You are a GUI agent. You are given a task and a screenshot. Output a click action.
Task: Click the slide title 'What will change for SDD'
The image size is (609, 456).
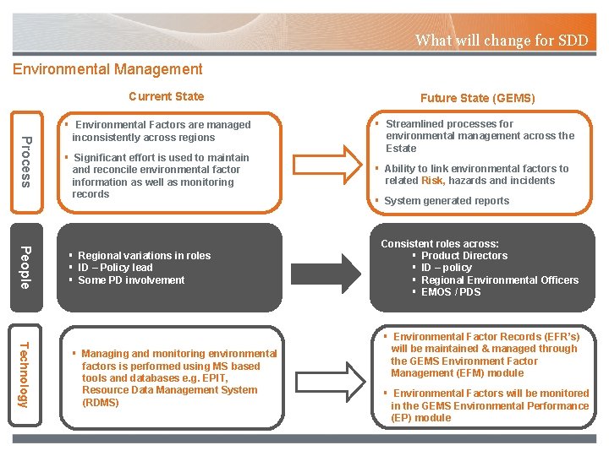click(501, 40)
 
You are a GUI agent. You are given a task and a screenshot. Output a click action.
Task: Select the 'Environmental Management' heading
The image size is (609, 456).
click(107, 69)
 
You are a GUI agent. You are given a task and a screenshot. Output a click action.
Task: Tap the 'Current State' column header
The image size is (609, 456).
click(166, 96)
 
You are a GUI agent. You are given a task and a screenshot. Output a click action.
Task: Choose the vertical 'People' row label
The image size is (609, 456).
click(26, 267)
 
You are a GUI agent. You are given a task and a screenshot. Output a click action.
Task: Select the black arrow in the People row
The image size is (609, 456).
click(325, 267)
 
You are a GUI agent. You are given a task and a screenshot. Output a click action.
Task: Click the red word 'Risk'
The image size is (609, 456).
click(432, 181)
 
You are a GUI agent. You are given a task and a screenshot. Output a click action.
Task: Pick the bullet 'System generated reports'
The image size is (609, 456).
click(446, 201)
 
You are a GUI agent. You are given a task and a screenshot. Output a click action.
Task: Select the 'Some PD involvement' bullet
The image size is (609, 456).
click(131, 280)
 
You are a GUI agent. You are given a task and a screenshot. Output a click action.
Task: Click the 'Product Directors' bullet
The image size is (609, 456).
click(464, 256)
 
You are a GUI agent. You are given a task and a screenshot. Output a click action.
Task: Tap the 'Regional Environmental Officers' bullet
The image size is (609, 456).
click(500, 280)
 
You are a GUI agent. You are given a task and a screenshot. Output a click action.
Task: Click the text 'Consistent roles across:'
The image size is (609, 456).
click(440, 244)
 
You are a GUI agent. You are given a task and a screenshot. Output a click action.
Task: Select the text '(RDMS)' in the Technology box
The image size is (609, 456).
click(101, 403)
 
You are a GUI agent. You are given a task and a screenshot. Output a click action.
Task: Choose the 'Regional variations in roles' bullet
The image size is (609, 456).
click(144, 256)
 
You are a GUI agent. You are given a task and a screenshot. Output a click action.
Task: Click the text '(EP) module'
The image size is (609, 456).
click(420, 418)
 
